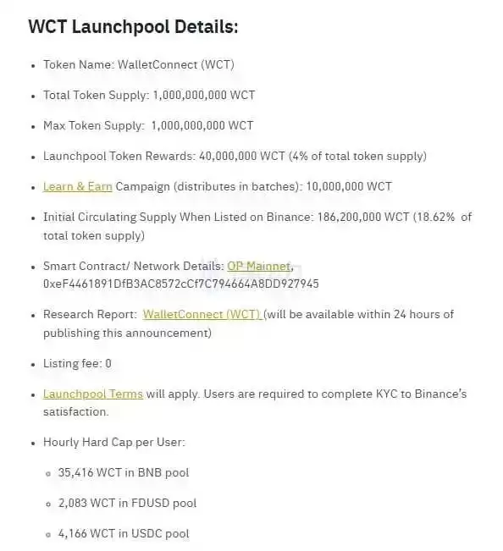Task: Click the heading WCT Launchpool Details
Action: (x=133, y=26)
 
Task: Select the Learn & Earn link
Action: (x=78, y=186)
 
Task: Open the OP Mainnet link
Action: (x=259, y=266)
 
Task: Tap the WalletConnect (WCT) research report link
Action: (x=202, y=314)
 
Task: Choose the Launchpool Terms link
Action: (x=93, y=394)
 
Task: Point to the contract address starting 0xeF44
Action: (x=181, y=283)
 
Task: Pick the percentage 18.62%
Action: (x=435, y=217)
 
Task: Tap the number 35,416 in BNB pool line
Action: (x=76, y=472)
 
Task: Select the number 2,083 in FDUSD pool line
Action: (x=74, y=503)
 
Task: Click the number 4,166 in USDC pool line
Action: (x=75, y=533)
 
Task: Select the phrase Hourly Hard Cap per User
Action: (x=113, y=442)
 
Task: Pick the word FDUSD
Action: (x=150, y=503)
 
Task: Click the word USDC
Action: (x=147, y=533)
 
